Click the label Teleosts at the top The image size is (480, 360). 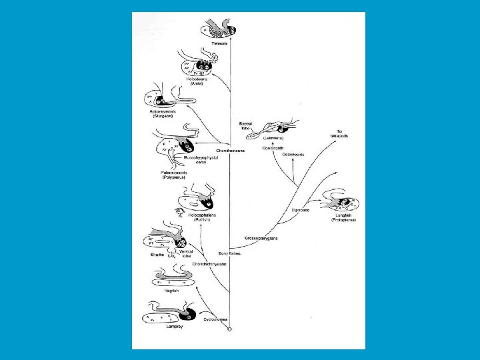220,43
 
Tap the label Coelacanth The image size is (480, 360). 273,147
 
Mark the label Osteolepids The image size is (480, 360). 293,154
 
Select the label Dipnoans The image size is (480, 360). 301,210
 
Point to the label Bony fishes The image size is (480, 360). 229,253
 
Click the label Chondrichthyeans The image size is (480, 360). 209,263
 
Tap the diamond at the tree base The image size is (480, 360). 229,329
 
